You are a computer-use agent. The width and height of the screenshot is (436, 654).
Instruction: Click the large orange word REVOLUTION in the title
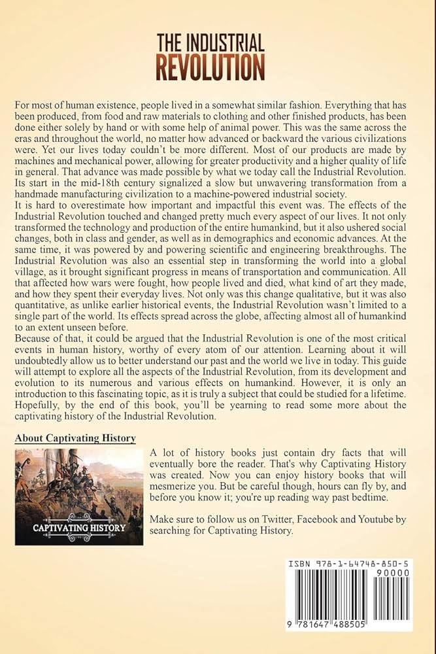[x=210, y=68]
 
